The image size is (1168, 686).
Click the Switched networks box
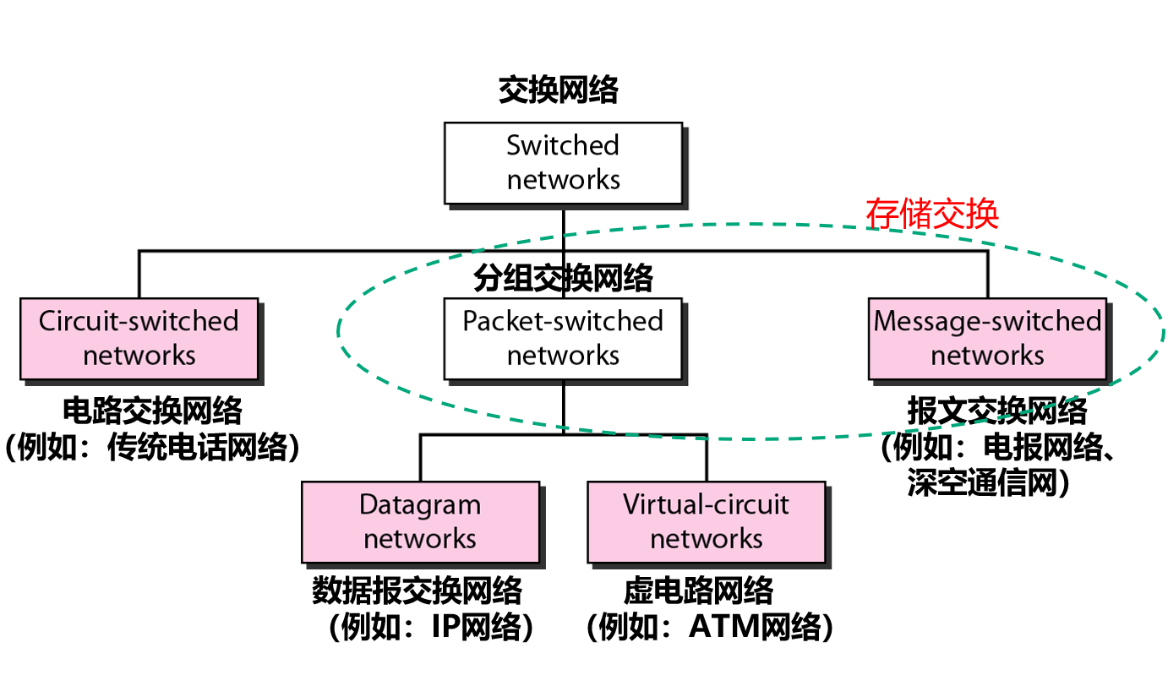coord(563,162)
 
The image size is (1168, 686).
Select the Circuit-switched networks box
coord(139,338)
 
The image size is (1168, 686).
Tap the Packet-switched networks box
coord(563,338)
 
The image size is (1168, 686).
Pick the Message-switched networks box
coord(987,338)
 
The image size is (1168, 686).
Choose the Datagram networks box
coord(420,522)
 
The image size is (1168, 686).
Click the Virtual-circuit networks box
coord(706,522)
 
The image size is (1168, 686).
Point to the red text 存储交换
coord(931,214)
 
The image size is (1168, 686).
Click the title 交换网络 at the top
coord(558,90)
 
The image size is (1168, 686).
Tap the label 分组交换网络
coord(563,278)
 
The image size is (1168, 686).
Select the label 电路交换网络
coord(152,411)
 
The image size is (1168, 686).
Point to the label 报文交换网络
coord(996,411)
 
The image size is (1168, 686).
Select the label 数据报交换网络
coord(417,591)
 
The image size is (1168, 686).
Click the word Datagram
coord(420,505)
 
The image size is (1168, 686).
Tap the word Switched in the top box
coord(563,145)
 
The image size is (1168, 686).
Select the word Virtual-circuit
coord(706,505)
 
